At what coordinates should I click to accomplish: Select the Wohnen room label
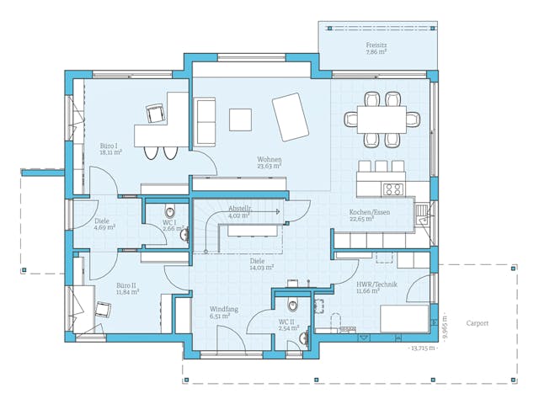point(269,160)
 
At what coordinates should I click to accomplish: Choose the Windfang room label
point(224,310)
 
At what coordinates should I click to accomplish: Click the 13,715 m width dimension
point(421,348)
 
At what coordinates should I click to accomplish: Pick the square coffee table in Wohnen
point(241,119)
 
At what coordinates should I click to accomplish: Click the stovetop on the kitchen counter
point(392,189)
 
